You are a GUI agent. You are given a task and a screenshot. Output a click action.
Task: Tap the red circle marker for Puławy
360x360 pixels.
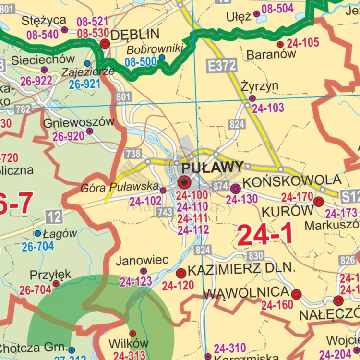click(x=184, y=182)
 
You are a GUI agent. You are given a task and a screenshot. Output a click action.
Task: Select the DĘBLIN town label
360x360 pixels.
click(x=135, y=35)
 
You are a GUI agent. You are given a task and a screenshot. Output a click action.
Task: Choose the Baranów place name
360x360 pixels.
click(x=271, y=54)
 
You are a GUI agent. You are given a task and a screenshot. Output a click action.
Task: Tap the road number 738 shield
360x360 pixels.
click(x=133, y=154)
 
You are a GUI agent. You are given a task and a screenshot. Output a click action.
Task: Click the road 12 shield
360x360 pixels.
click(x=54, y=217)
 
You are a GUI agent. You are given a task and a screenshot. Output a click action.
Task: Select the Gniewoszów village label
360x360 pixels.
click(x=79, y=122)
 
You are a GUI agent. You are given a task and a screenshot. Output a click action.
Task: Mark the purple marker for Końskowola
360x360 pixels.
click(x=235, y=188)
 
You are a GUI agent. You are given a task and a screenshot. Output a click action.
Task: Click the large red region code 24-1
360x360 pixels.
click(x=264, y=235)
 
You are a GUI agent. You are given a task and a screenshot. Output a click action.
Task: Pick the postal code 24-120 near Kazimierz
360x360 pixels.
click(x=178, y=286)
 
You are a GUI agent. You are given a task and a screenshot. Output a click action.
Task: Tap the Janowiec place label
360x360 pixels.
click(x=142, y=260)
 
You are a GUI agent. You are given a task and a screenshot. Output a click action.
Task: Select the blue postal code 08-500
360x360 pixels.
click(x=141, y=61)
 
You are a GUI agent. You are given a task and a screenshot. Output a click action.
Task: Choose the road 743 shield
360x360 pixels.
click(x=165, y=212)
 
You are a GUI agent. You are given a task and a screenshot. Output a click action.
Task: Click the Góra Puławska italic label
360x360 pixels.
click(x=120, y=186)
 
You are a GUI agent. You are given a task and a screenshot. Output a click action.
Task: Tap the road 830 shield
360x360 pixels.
click(x=256, y=255)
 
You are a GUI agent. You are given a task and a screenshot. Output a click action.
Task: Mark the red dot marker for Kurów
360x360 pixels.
click(x=318, y=202)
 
